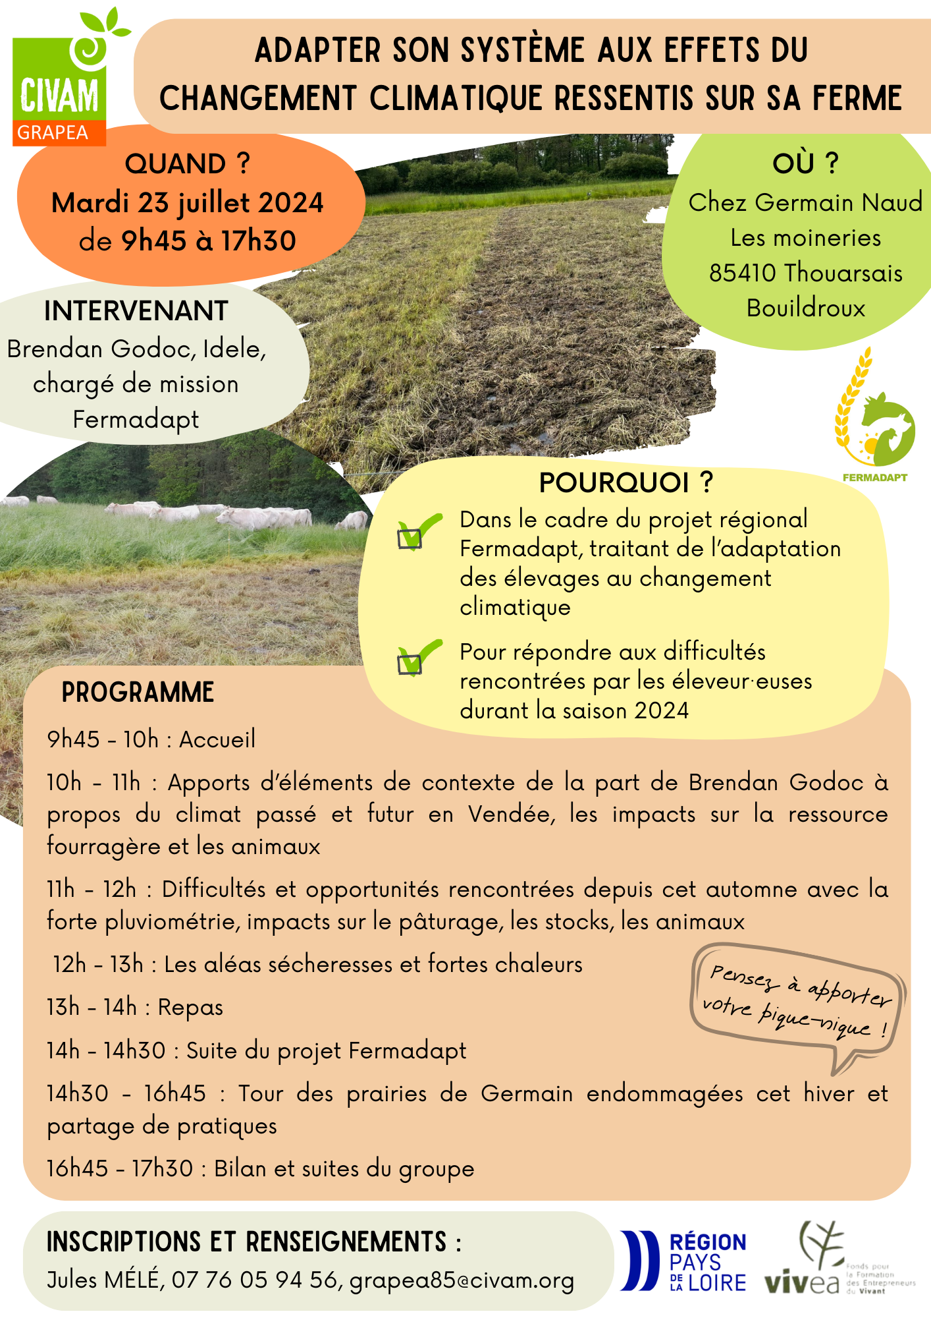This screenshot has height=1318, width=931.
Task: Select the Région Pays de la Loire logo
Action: point(683,1261)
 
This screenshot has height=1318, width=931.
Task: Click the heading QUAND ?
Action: point(188,163)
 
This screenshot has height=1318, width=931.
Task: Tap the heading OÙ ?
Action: point(805,163)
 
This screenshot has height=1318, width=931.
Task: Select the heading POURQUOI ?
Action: point(625,483)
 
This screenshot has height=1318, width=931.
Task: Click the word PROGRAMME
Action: point(138,693)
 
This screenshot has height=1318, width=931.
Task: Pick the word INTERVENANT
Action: point(136,311)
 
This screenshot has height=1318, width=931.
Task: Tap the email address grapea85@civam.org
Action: point(462,1280)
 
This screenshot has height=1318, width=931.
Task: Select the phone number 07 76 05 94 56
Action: point(254,1280)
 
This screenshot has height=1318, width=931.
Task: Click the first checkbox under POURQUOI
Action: point(410,538)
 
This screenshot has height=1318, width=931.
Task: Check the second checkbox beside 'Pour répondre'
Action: point(410,663)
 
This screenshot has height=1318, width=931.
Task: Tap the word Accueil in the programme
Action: point(217,739)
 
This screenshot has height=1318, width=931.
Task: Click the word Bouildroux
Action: point(805,308)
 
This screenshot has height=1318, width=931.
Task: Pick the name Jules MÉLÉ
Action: point(103,1280)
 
